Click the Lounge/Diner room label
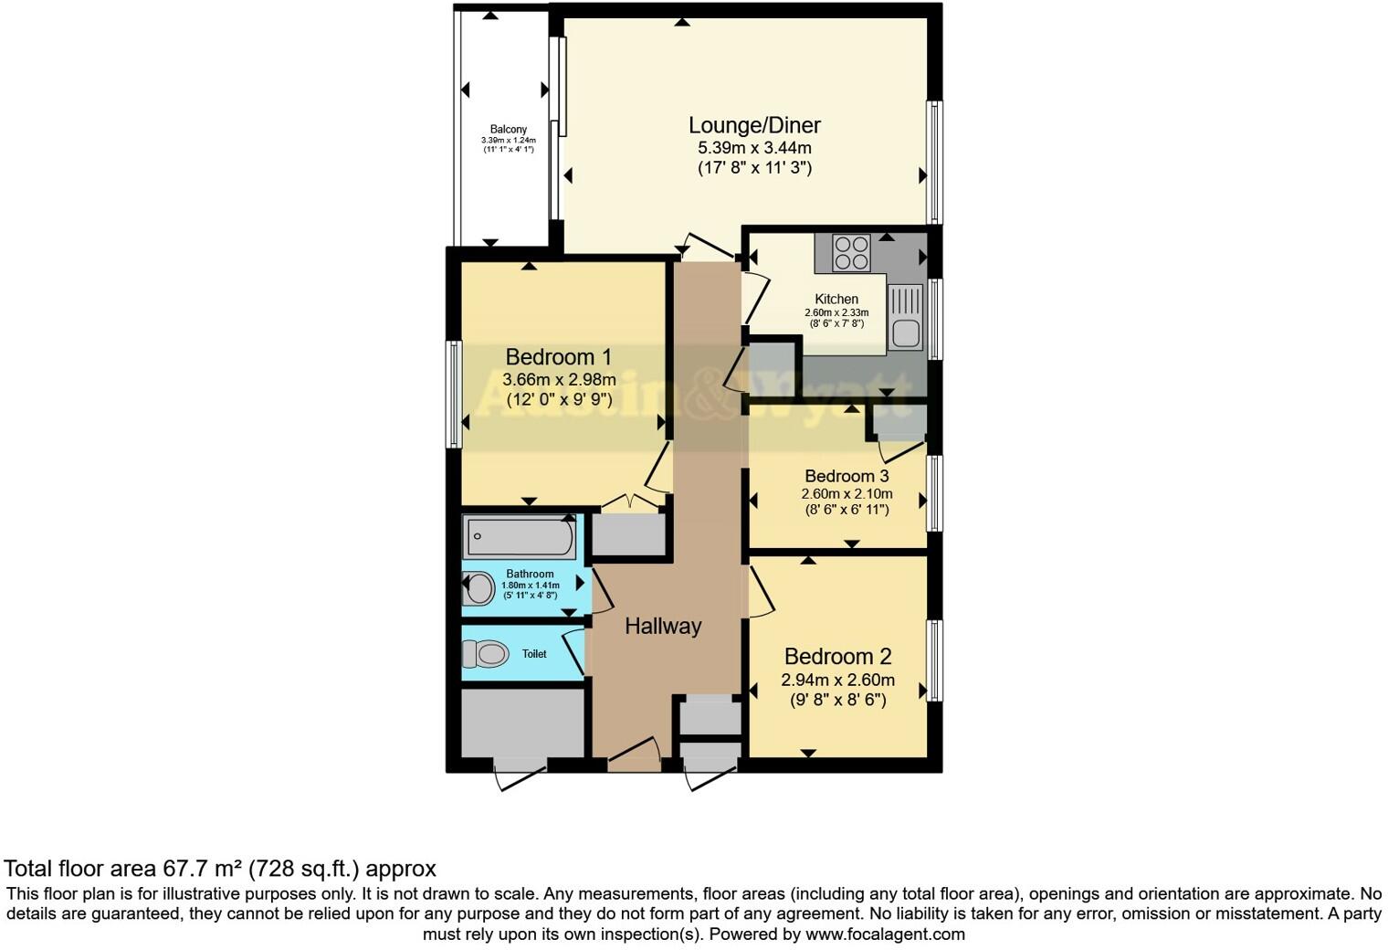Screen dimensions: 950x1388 (754, 125)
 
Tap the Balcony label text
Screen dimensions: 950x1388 (508, 130)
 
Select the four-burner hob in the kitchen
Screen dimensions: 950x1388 (851, 253)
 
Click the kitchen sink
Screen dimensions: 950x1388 (906, 317)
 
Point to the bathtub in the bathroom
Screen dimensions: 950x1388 (519, 537)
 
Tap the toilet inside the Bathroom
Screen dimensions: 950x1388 (478, 588)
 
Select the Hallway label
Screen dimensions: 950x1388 (663, 626)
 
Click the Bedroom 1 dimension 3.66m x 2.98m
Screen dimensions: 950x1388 (559, 379)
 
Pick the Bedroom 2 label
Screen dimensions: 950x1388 (837, 656)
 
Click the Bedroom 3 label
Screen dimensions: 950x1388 (846, 476)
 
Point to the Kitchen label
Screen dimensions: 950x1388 (836, 299)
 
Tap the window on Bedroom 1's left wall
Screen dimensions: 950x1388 (453, 395)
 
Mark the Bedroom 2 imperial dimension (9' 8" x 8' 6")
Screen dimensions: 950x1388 (837, 701)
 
